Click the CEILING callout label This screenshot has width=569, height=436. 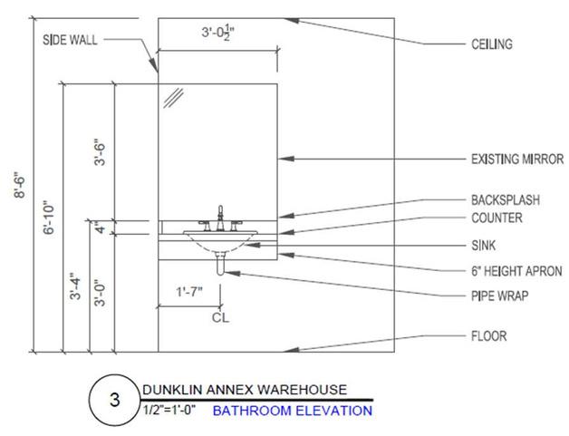(x=490, y=44)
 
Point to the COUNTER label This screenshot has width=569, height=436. (x=497, y=218)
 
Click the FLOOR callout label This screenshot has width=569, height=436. (x=487, y=336)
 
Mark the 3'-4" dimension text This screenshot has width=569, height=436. (x=80, y=286)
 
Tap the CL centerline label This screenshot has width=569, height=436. (x=219, y=317)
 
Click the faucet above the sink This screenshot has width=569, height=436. (x=220, y=218)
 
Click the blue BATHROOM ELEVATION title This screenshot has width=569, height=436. (x=293, y=411)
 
